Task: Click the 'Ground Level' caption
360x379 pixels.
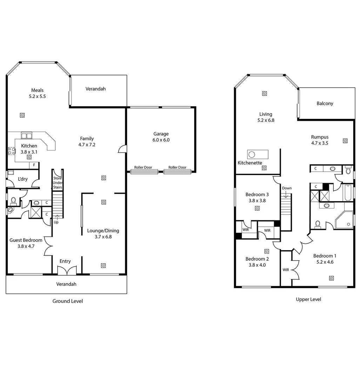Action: (x=67, y=301)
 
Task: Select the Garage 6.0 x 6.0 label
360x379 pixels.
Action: (x=161, y=137)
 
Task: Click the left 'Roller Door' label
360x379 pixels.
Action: (x=143, y=167)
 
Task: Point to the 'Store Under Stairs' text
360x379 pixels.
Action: (x=58, y=183)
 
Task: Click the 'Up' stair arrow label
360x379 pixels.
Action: (x=56, y=222)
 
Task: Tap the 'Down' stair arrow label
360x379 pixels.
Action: (x=287, y=188)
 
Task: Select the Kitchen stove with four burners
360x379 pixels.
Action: (x=12, y=151)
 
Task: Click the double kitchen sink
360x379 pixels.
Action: (x=26, y=135)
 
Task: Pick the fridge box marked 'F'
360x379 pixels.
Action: (x=34, y=165)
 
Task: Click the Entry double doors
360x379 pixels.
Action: (x=67, y=271)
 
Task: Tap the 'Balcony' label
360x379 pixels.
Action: (x=325, y=104)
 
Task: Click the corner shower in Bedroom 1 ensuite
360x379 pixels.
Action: (x=344, y=220)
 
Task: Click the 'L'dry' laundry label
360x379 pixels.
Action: (x=23, y=179)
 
